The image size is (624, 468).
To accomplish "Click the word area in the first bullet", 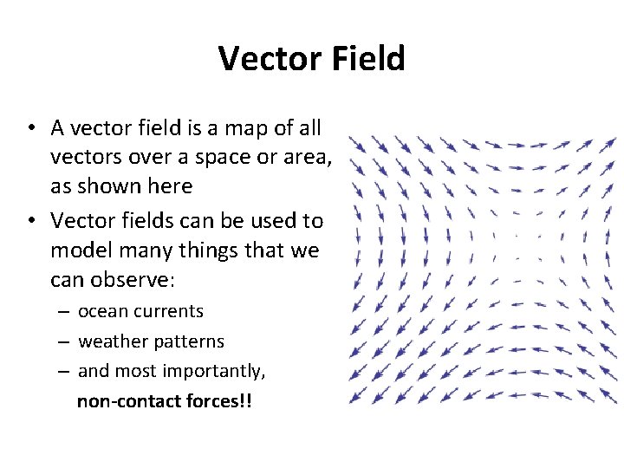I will pyautogui.click(x=309, y=158).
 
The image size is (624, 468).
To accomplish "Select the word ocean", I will pyautogui.click(x=101, y=311).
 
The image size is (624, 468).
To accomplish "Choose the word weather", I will pyautogui.click(x=111, y=341).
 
